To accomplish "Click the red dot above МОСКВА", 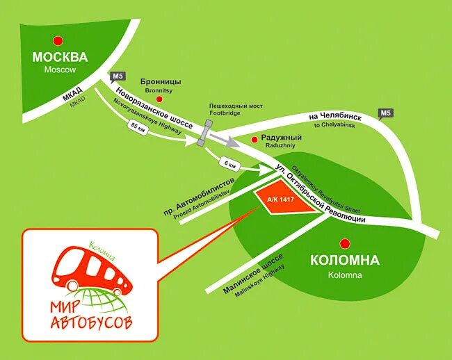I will [x=60, y=41].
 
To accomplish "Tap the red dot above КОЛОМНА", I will [x=344, y=244].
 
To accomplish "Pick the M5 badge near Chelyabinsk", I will [x=386, y=113].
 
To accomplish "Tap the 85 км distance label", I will [x=136, y=127].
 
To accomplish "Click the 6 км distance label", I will [x=230, y=165].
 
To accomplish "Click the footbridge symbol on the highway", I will [x=206, y=132].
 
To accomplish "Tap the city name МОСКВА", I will [x=60, y=57].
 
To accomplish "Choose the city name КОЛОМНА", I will [x=344, y=261].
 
